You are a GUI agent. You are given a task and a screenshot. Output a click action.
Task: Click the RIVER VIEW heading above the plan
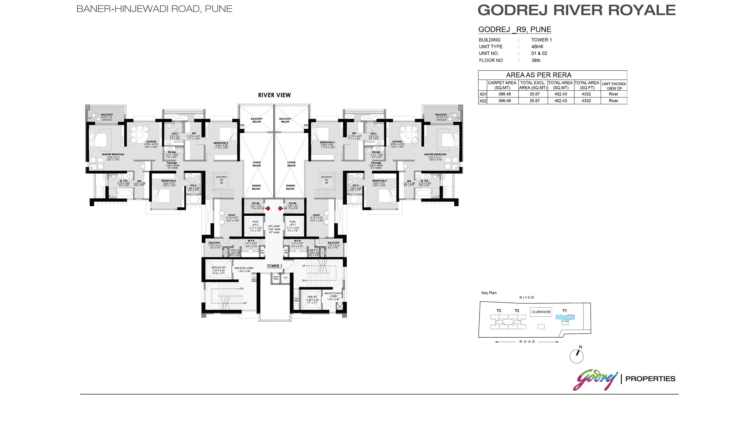pos(274,95)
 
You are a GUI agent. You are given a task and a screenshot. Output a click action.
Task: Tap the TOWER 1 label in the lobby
pos(274,266)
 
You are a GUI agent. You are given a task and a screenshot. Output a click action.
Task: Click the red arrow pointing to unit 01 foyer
pos(268,208)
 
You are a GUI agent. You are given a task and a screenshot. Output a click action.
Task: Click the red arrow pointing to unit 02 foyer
pos(281,208)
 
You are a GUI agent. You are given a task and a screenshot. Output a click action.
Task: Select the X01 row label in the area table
pos(483,94)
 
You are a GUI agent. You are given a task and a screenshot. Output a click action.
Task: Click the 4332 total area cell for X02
pos(586,101)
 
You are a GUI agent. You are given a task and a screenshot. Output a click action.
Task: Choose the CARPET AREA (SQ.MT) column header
pos(502,85)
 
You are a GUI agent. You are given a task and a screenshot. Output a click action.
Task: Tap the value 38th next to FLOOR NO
pos(536,60)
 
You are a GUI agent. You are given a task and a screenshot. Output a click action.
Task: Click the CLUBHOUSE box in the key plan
pos(541,312)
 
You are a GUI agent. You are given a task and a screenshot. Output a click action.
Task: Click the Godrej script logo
pos(595,380)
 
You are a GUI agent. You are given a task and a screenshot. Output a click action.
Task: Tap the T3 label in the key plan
pos(499,311)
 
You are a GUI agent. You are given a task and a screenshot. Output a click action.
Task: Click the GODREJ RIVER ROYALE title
pos(576,10)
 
